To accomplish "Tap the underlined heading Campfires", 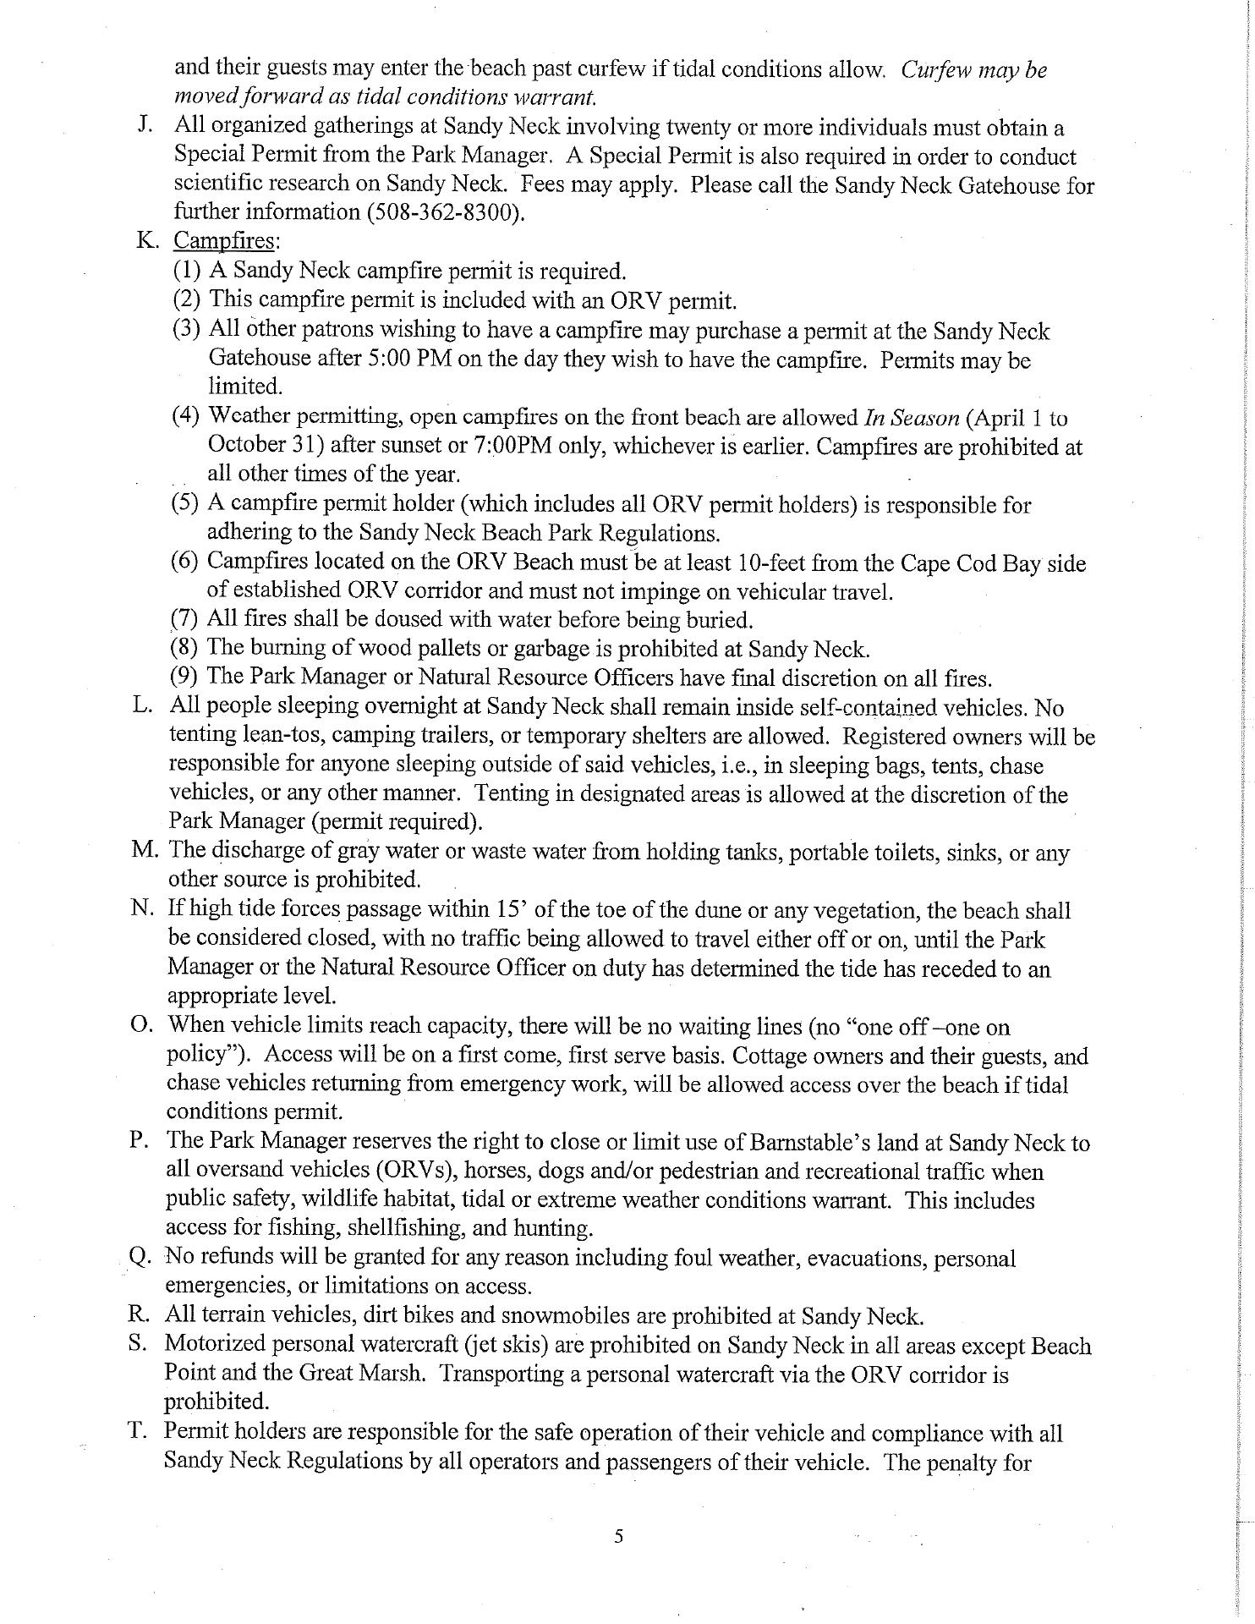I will click(x=224, y=241).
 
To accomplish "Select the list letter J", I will click(x=144, y=127).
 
